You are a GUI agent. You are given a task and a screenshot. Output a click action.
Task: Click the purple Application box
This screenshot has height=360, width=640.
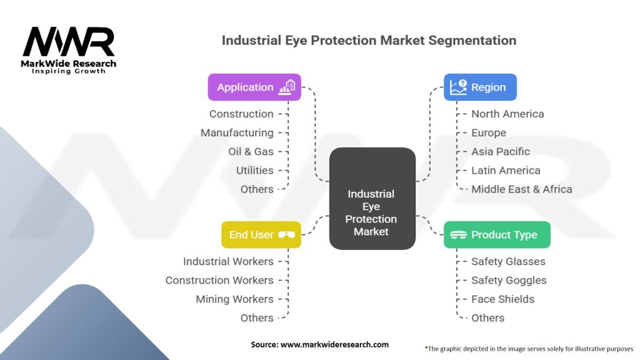254,87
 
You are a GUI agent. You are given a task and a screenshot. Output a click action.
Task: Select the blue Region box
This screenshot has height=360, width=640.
480,87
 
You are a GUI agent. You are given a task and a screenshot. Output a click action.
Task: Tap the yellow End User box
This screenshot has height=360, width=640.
261,235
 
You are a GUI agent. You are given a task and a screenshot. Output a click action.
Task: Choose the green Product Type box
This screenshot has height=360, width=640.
497,235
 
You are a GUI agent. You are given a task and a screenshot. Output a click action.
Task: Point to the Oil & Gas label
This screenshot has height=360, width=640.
251,152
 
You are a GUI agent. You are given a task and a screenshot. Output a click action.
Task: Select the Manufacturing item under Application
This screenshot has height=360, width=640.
237,133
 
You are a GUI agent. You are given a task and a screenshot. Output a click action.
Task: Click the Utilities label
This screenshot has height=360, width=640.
254,171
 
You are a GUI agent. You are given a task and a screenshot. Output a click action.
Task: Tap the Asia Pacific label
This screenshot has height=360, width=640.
500,152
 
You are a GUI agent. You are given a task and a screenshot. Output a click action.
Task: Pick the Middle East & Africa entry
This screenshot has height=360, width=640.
521,189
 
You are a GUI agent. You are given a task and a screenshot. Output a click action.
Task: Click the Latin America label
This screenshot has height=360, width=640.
506,171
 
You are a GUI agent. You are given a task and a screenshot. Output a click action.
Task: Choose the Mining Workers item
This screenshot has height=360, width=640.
234,299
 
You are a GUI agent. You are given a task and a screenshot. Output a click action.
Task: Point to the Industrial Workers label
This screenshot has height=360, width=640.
228,262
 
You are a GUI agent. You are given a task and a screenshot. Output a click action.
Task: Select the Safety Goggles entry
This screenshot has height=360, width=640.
509,281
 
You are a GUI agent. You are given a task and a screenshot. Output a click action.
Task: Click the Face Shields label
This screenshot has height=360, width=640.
502,299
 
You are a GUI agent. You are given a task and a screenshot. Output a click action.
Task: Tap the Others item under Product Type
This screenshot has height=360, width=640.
487,318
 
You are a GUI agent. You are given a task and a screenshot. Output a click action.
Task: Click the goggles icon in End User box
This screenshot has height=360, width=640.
287,235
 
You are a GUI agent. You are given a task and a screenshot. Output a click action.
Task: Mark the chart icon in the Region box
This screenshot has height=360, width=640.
458,87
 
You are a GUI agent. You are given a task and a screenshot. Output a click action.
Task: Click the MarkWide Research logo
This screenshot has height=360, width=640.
69,50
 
